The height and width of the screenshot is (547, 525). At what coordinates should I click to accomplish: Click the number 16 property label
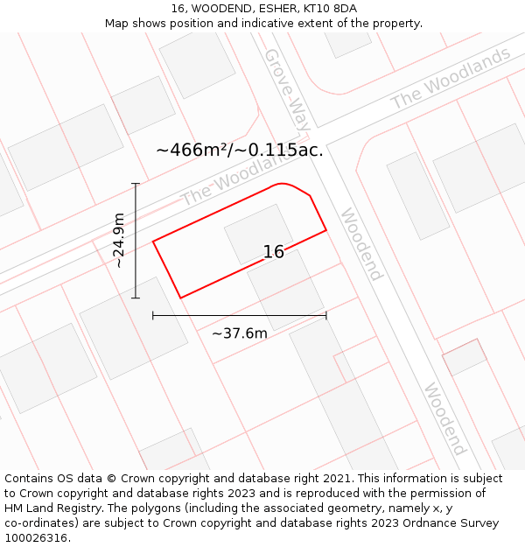(x=274, y=252)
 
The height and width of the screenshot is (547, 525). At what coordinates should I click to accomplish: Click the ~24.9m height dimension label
(x=119, y=241)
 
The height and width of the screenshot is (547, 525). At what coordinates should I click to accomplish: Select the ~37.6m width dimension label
(x=240, y=333)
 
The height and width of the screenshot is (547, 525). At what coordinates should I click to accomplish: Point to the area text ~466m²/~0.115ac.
(x=240, y=150)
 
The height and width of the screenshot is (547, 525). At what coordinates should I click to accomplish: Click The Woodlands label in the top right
(x=451, y=78)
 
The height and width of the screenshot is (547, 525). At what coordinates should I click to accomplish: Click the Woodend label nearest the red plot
(x=361, y=244)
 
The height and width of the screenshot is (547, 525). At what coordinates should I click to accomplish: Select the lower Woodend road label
(x=444, y=418)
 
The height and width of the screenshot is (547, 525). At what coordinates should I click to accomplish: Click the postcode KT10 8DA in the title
(x=330, y=9)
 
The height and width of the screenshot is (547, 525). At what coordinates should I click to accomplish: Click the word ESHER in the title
(x=276, y=9)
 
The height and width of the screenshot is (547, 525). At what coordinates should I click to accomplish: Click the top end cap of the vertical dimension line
(x=136, y=184)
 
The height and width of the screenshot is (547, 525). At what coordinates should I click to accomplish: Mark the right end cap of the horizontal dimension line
(x=326, y=315)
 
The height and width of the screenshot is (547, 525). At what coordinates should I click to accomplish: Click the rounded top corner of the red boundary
(x=282, y=185)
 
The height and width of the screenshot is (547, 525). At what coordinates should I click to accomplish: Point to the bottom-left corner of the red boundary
(x=180, y=298)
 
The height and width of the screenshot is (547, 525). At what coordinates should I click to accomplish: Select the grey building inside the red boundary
(x=258, y=234)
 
